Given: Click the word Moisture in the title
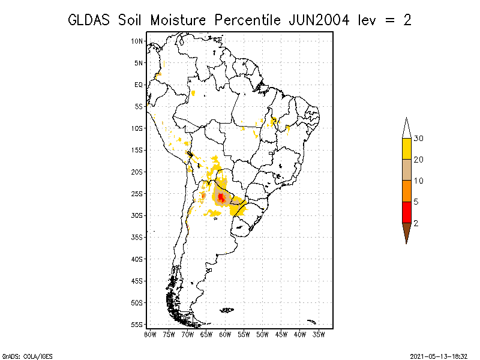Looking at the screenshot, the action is point(178,20).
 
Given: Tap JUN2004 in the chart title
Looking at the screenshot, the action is point(319,20).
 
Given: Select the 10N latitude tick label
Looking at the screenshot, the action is point(137,41).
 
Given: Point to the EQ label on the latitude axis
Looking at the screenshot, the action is point(139,85).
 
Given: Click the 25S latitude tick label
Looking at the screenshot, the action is point(137,194).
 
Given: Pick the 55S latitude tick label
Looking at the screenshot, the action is point(137,325).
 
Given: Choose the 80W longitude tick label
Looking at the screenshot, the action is point(150,335).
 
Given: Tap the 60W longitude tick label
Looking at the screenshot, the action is point(225,335).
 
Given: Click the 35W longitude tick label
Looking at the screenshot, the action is point(319,335).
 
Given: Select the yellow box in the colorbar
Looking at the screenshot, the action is point(407,149).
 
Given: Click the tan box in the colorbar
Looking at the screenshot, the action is point(407,170).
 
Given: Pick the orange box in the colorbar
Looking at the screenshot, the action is point(407,191).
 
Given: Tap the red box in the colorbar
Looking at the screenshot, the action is point(407,212).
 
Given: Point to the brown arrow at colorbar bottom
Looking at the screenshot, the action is point(407,231).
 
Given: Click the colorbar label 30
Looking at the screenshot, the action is point(418,139).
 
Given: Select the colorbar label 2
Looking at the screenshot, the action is point(416,223).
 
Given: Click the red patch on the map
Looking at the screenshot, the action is point(221,197).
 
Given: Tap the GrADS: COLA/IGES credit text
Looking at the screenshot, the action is point(27,356).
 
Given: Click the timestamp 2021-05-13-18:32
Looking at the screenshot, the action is point(439,356).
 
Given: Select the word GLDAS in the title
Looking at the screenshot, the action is point(88,20).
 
